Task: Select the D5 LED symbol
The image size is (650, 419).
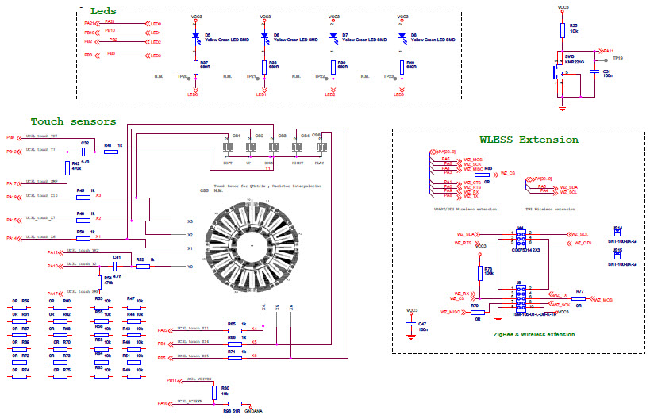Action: click(195, 36)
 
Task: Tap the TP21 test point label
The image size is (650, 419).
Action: click(251, 77)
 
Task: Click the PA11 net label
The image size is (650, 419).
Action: click(608, 50)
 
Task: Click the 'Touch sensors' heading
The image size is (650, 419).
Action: click(73, 121)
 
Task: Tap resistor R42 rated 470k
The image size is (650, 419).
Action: click(67, 166)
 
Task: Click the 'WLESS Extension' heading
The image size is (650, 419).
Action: click(518, 140)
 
